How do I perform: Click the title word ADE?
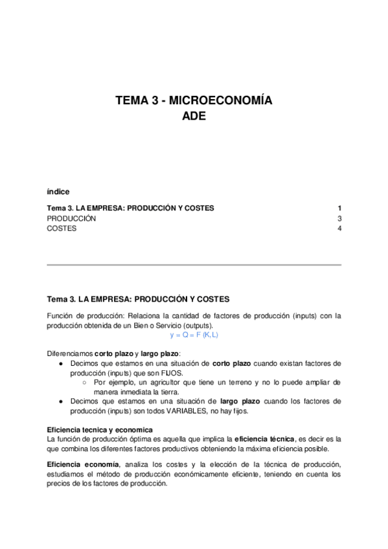194,117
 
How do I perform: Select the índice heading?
58,192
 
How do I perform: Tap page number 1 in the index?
339,208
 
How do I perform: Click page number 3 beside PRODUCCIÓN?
339,218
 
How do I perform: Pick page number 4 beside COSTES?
339,229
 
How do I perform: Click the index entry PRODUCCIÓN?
71,218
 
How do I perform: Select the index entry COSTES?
62,229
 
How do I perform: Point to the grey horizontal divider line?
194,265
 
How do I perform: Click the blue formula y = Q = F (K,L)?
194,335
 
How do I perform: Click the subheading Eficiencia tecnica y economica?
100,430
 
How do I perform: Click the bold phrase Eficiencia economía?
83,465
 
